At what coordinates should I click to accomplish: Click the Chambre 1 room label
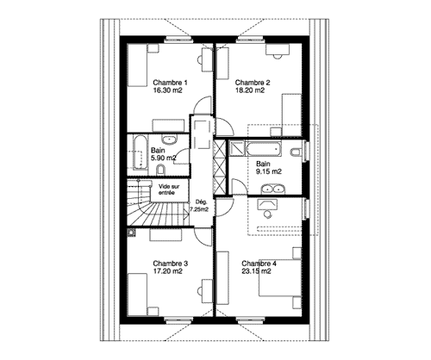coord(170,83)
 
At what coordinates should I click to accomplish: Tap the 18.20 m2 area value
coord(250,90)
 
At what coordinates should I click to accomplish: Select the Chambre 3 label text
coord(171,264)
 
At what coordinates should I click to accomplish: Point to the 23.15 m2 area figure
coord(256,271)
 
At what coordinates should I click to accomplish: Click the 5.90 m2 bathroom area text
coord(163,158)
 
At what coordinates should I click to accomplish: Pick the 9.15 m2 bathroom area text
coord(269,171)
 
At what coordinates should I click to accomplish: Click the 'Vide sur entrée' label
coord(169,189)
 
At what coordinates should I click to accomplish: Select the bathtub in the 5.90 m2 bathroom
coord(141,152)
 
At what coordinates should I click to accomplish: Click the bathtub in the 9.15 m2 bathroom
coord(264,149)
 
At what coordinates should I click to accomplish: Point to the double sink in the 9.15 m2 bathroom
coord(273,189)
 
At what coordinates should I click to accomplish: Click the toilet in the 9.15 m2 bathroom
coord(296,152)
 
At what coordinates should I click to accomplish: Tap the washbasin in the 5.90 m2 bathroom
coord(169,140)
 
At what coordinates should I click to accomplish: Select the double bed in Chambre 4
coord(279,277)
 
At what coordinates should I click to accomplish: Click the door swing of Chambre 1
coord(203,104)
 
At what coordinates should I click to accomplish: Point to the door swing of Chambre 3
coord(203,237)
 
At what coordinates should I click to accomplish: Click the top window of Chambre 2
coord(251,40)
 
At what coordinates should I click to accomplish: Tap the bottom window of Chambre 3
coord(178,320)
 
